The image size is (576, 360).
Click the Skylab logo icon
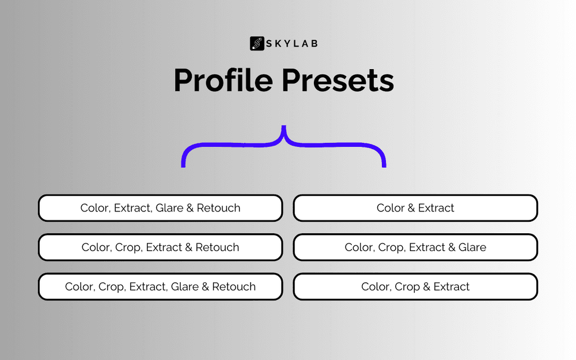pos(257,43)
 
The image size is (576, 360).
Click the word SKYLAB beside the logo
pos(291,44)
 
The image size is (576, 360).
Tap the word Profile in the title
pos(223,80)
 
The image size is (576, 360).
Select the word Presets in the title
pos(338,80)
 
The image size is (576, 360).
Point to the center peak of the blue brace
pos(283,127)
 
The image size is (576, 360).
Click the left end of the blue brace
pos(183,166)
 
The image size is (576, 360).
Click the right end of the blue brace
pos(384,166)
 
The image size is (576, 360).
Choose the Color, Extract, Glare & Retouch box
pos(161,208)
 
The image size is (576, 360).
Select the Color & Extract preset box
pos(415,208)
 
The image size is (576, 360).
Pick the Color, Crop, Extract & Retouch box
pos(161,247)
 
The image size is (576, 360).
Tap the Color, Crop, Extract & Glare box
pos(415,247)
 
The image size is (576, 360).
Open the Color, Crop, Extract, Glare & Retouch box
pos(161,286)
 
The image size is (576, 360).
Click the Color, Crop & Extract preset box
pos(415,286)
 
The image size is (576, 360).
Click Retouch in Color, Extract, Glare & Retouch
pos(218,208)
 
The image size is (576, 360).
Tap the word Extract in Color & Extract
pos(436,208)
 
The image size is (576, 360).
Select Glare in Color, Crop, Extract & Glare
pos(472,247)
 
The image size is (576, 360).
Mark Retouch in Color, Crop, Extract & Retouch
pos(217,247)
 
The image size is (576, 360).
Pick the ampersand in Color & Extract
pos(411,208)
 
